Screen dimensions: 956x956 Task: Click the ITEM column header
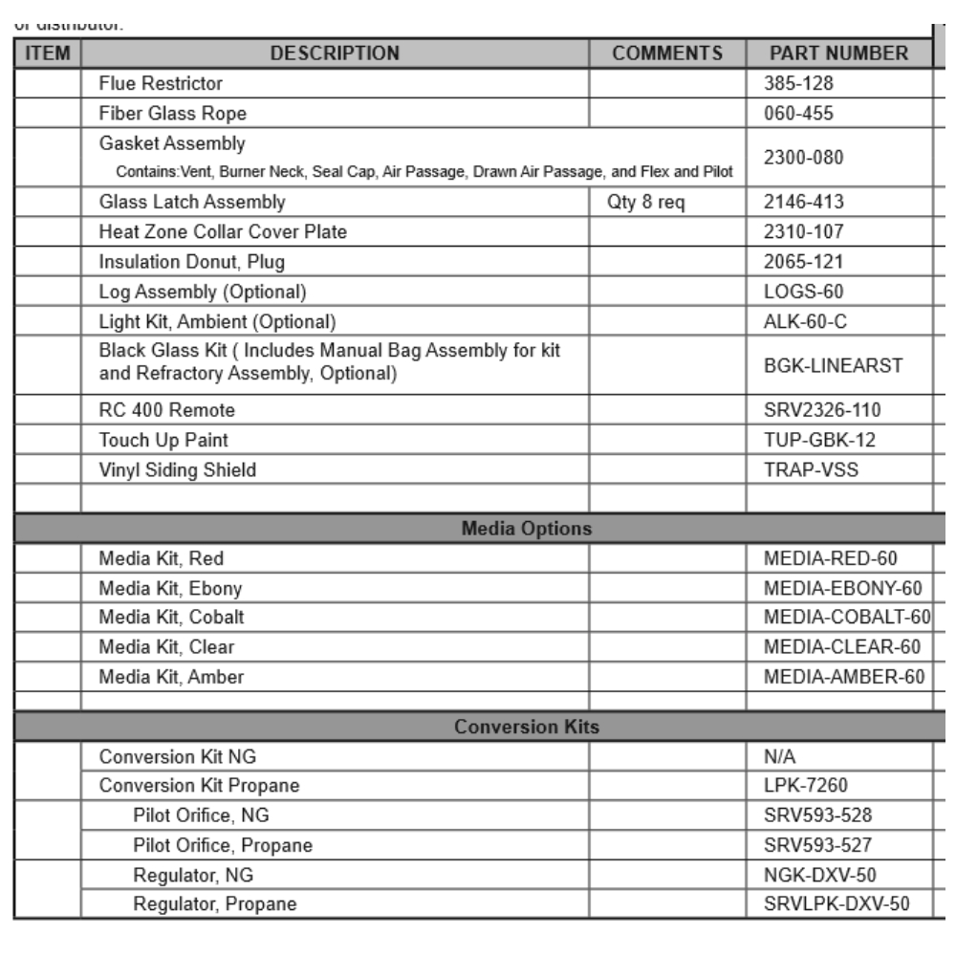tap(47, 54)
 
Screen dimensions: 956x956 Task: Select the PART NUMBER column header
tap(838, 54)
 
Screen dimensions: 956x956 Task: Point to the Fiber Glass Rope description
tap(173, 114)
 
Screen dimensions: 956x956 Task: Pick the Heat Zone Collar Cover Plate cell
tap(223, 232)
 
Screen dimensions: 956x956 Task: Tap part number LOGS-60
tap(796, 291)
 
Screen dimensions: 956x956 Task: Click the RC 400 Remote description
tap(167, 411)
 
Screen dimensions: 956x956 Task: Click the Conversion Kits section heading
tap(526, 728)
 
